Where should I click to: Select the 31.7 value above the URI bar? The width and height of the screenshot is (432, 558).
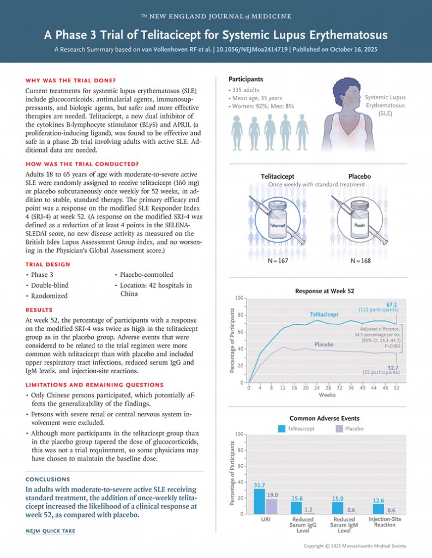[x=260, y=484]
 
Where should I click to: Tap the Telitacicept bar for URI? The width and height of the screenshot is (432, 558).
[x=260, y=501]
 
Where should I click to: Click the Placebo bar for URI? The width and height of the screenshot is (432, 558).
[x=272, y=506]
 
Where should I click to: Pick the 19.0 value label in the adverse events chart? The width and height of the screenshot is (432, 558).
[x=272, y=495]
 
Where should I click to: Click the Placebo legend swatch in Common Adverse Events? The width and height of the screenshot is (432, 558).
[x=339, y=429]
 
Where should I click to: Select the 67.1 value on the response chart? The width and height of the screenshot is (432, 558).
[x=392, y=304]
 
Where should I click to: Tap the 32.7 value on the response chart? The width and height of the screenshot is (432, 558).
[x=392, y=367]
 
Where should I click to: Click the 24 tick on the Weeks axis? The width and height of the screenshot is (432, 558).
[x=317, y=387]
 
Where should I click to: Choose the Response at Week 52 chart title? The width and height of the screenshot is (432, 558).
[x=324, y=292]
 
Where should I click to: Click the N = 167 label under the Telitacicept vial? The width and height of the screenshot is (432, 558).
[x=278, y=261]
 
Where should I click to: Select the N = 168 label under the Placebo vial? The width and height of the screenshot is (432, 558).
[x=360, y=261]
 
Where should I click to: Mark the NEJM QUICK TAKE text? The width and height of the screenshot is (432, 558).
[x=51, y=531]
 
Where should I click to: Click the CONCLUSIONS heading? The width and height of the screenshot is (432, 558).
[x=48, y=480]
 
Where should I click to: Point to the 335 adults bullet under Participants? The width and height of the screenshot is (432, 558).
[x=245, y=90]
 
